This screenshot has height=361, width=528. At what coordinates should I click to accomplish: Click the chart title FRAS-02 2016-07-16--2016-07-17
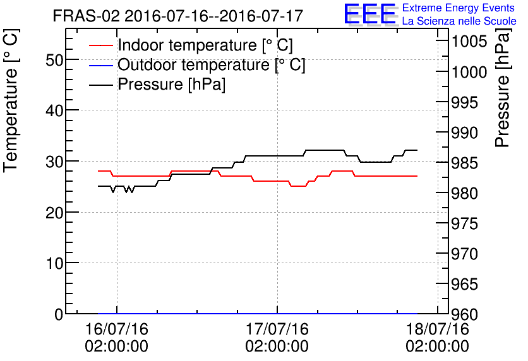click(x=177, y=16)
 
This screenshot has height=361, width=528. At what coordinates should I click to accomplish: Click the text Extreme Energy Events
click(x=459, y=8)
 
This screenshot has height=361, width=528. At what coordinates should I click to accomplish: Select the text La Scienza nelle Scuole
click(x=459, y=21)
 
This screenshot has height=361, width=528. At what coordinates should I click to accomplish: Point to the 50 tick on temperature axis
click(x=54, y=59)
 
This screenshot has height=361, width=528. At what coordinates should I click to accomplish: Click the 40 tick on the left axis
click(x=54, y=110)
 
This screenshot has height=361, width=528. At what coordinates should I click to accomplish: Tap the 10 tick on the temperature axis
click(x=54, y=263)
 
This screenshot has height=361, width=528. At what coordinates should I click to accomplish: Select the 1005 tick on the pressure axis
click(x=469, y=42)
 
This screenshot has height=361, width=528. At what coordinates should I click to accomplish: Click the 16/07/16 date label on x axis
click(x=117, y=329)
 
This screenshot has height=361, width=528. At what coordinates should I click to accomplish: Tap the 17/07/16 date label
click(x=277, y=329)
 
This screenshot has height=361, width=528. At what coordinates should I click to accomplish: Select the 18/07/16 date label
click(x=438, y=329)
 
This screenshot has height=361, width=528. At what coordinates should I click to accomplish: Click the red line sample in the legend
click(x=102, y=45)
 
